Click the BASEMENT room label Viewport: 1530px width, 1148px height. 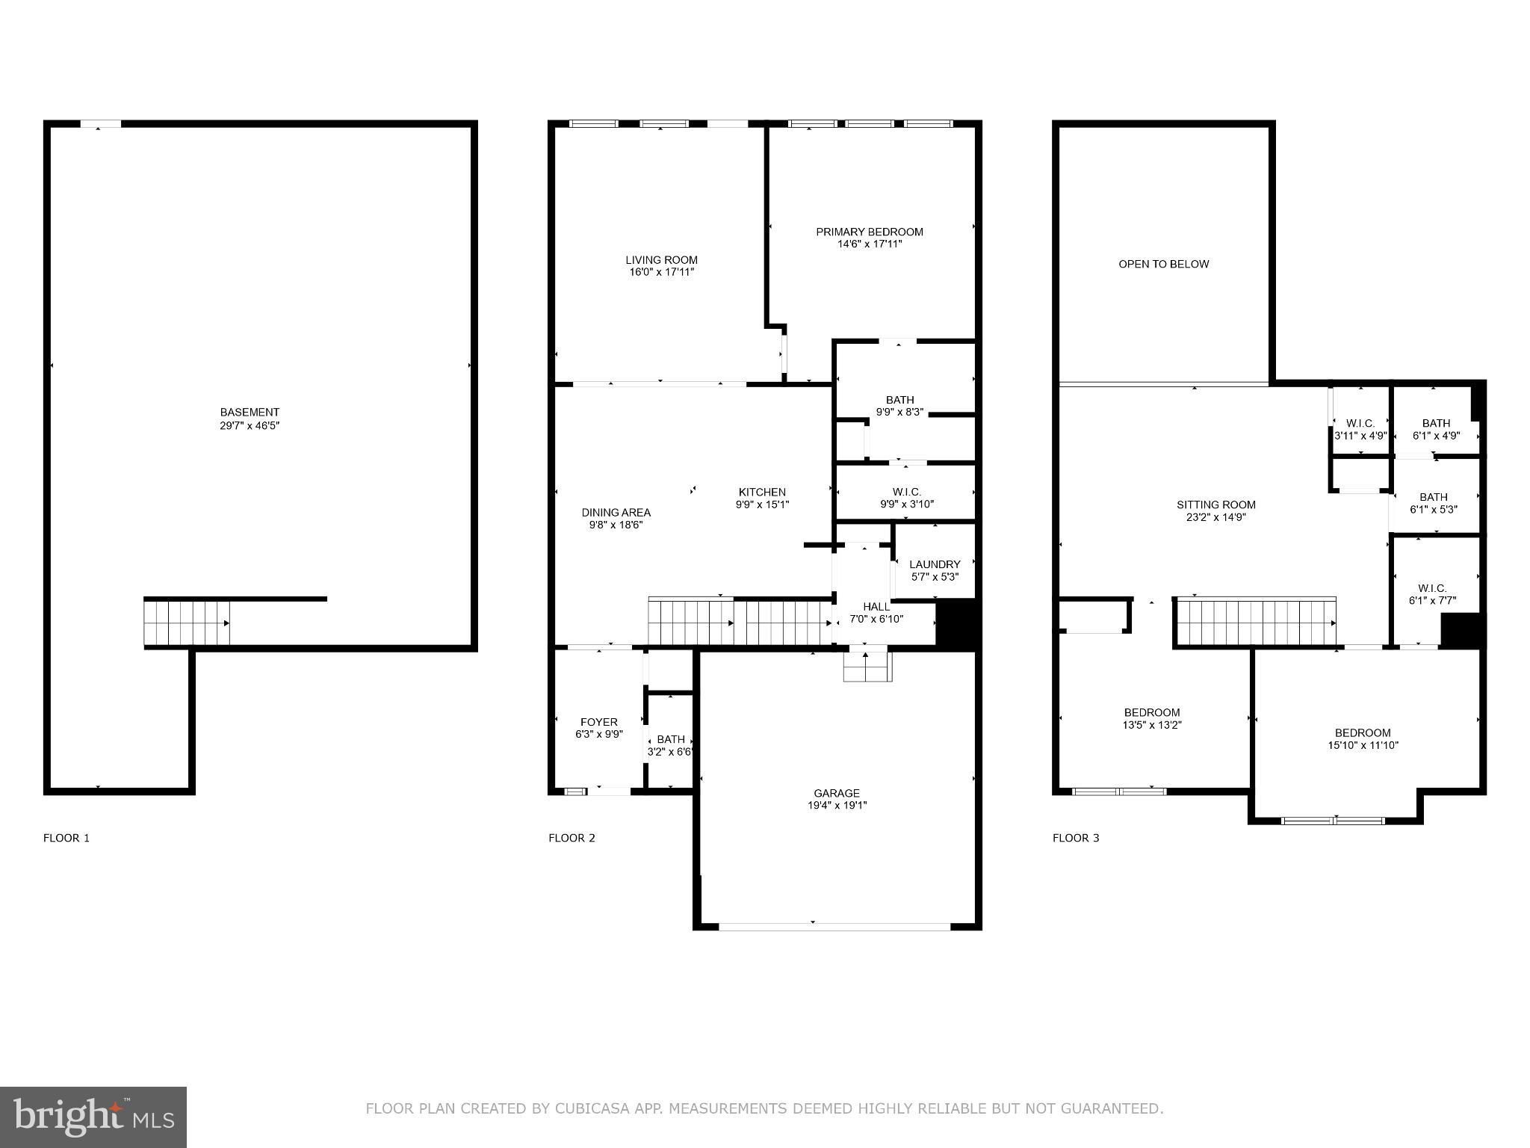pyautogui.click(x=250, y=412)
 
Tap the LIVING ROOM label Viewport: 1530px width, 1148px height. pyautogui.click(x=661, y=260)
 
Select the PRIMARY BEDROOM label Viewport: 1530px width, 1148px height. pyautogui.click(x=870, y=232)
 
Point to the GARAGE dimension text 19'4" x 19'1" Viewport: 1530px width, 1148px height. pyautogui.click(x=837, y=805)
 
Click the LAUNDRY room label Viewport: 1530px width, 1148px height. pyautogui.click(x=935, y=564)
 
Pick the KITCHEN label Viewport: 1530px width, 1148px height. pyautogui.click(x=762, y=492)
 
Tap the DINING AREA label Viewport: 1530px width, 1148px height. pyautogui.click(x=616, y=513)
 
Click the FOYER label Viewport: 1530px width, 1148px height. pyautogui.click(x=599, y=722)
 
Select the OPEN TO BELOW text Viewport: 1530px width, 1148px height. pyautogui.click(x=1164, y=264)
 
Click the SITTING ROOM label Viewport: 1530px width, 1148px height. pyautogui.click(x=1216, y=504)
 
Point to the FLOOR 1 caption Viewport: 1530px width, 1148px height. pyautogui.click(x=66, y=838)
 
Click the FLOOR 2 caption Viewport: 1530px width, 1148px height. pyautogui.click(x=572, y=838)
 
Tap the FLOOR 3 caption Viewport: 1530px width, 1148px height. pyautogui.click(x=1076, y=838)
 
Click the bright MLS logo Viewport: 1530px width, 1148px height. pyautogui.click(x=93, y=1117)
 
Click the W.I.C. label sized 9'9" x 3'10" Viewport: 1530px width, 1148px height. pyautogui.click(x=907, y=492)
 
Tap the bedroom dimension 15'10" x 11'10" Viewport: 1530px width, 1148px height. pyautogui.click(x=1363, y=745)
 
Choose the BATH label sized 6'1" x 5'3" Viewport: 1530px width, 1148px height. pyautogui.click(x=1434, y=497)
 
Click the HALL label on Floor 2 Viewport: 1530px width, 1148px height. pyautogui.click(x=876, y=606)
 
